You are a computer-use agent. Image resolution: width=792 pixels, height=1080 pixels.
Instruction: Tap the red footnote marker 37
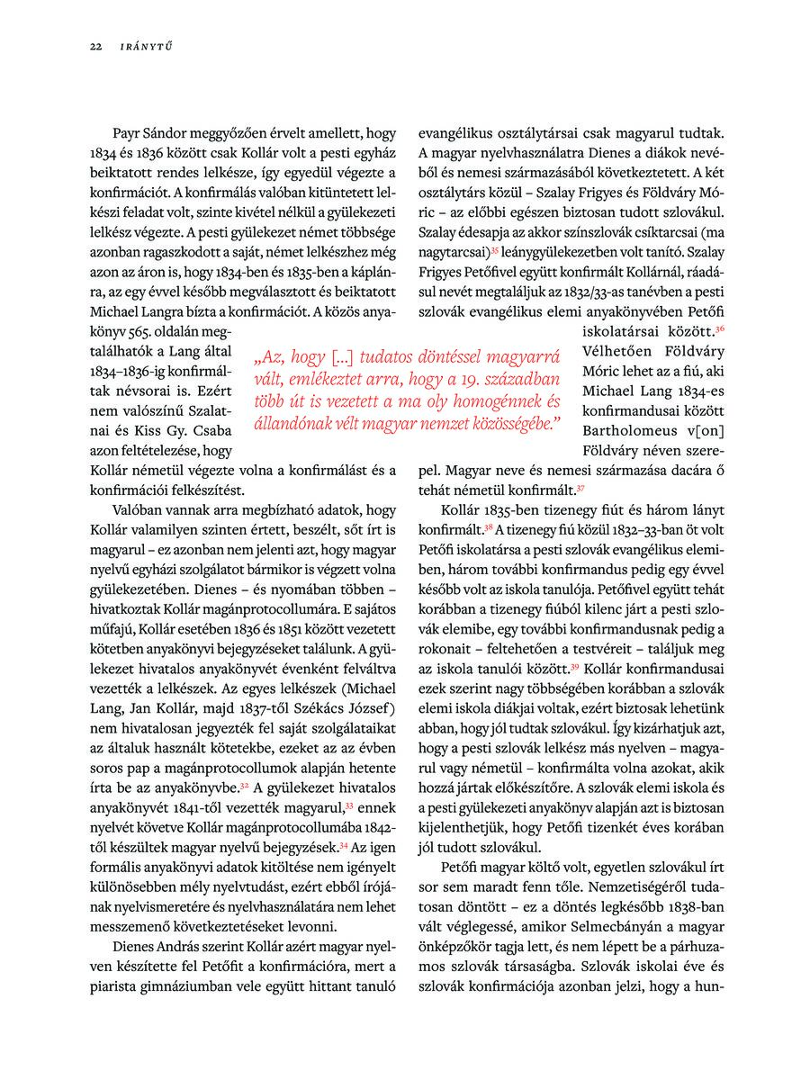pos(581,489)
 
